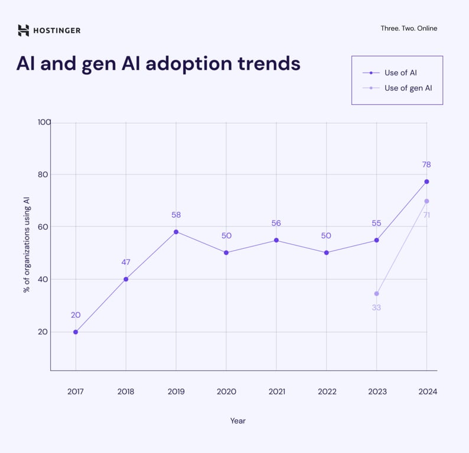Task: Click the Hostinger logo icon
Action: (x=23, y=30)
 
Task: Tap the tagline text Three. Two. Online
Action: (x=409, y=28)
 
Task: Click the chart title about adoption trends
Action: (x=158, y=64)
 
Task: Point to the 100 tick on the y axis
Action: (x=44, y=122)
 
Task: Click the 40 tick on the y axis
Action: (x=42, y=279)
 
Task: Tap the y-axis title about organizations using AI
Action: (x=27, y=246)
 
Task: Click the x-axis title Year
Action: (x=238, y=421)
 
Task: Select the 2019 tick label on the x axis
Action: (x=176, y=392)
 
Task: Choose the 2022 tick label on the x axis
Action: (x=327, y=392)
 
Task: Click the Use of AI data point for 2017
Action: (x=76, y=332)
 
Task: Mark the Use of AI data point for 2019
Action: (x=176, y=232)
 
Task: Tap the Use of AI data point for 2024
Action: (x=426, y=182)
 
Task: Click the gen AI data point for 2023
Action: (x=376, y=294)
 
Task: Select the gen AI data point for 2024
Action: (x=426, y=201)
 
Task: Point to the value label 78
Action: (x=426, y=165)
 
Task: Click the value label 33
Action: (x=376, y=307)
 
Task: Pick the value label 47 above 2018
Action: (x=126, y=262)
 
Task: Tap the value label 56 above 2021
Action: (x=276, y=223)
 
